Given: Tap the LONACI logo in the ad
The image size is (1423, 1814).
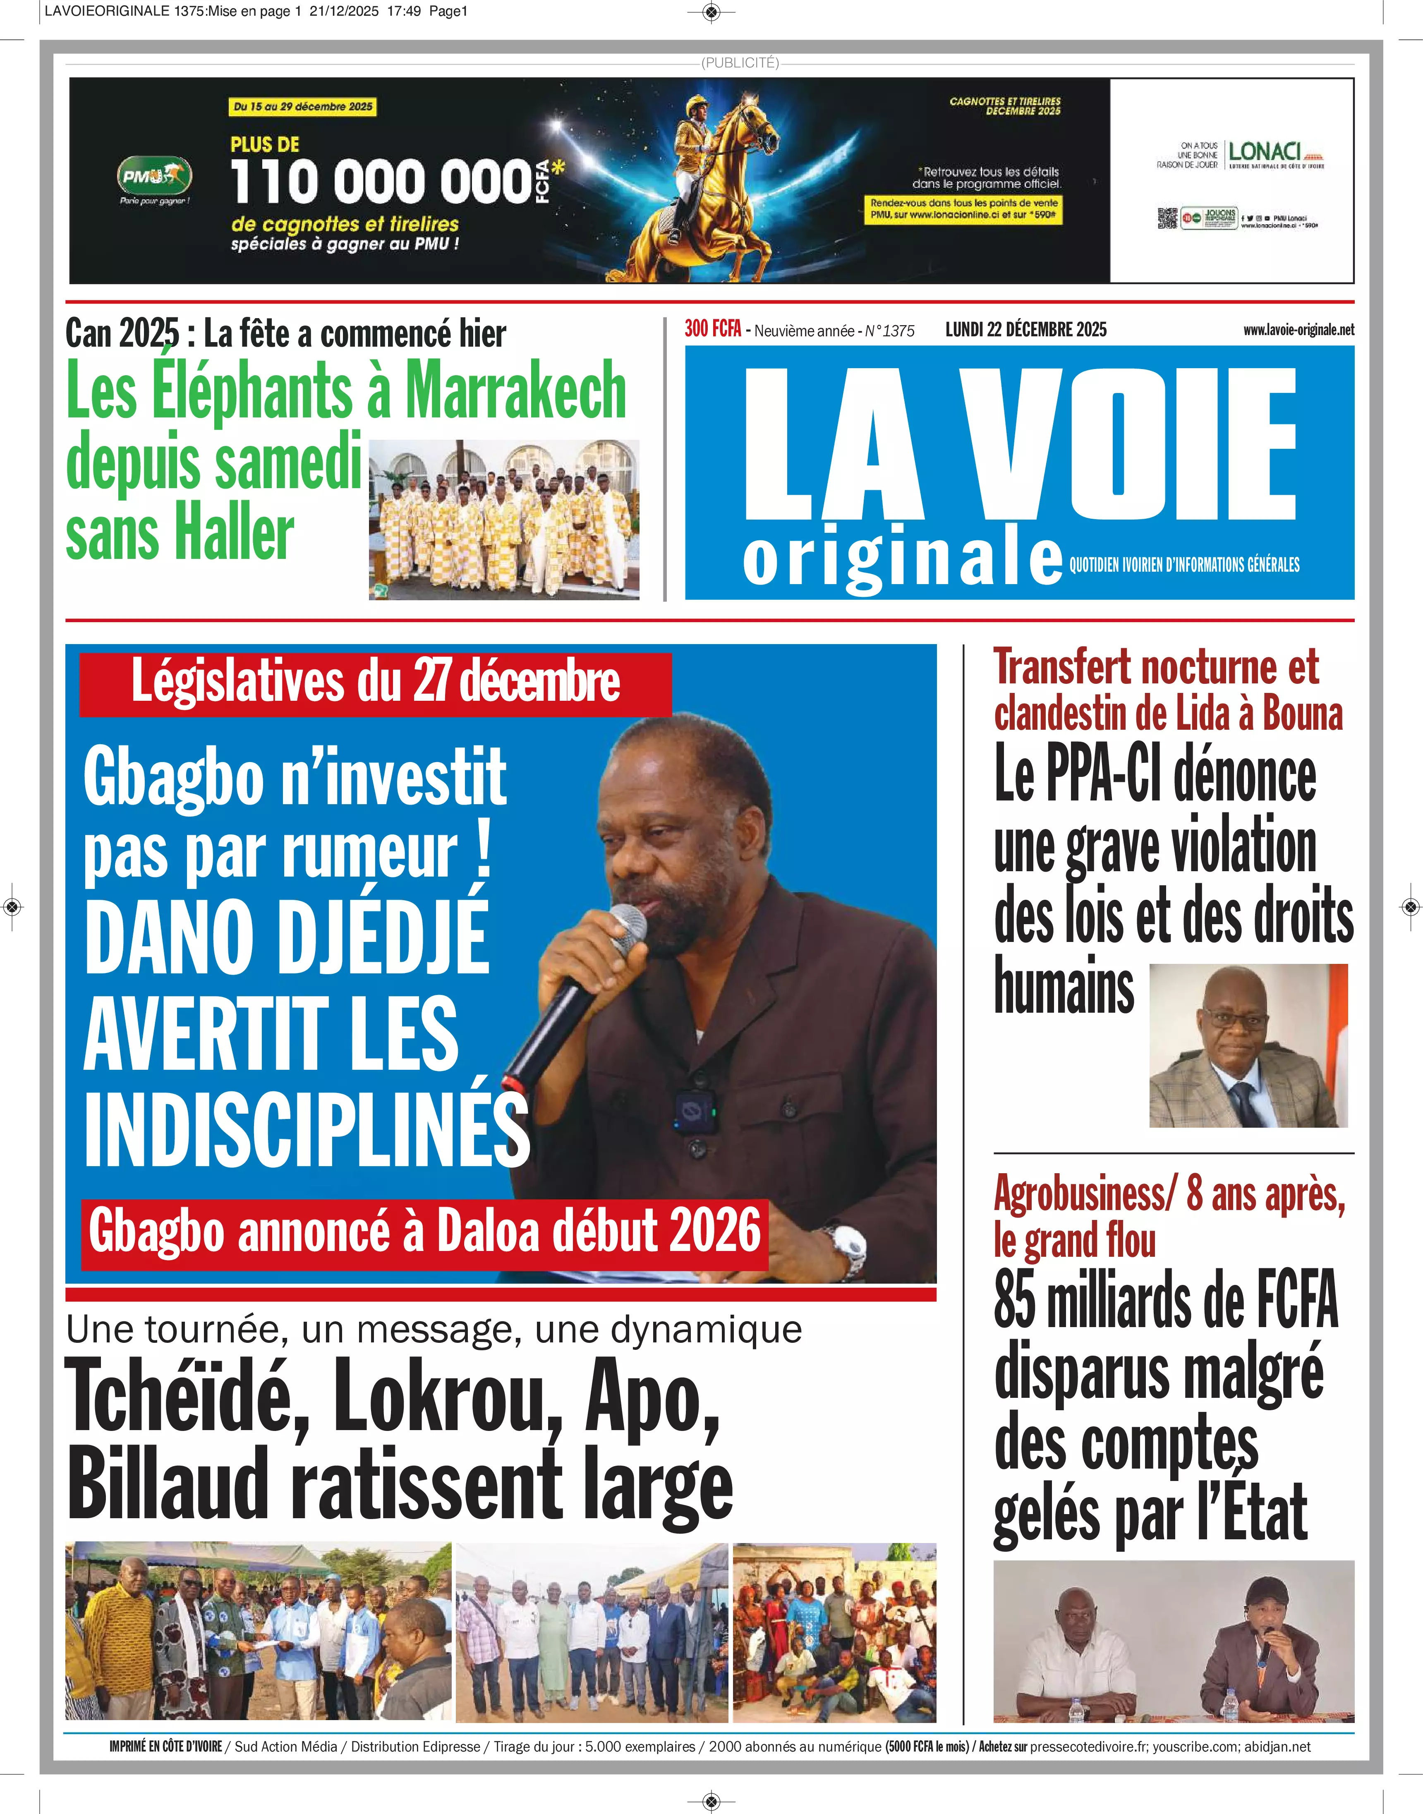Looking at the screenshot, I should pyautogui.click(x=1265, y=153).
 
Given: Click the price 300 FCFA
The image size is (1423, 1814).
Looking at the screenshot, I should pyautogui.click(x=712, y=329).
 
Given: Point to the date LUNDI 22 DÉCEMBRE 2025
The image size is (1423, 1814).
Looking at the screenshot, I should pyautogui.click(x=1025, y=329).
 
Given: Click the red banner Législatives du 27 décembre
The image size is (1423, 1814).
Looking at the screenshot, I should pyautogui.click(x=375, y=683).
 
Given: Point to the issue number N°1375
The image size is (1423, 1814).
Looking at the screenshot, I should pyautogui.click(x=889, y=331).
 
